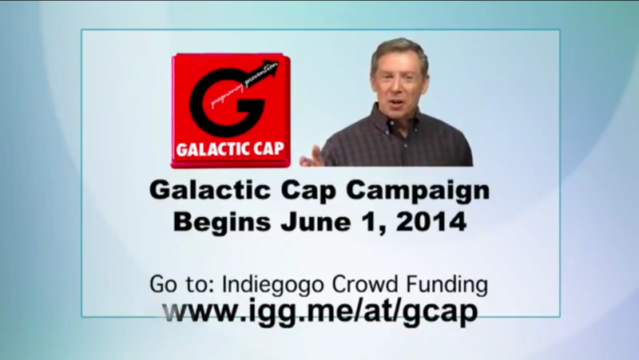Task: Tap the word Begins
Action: [x=219, y=221]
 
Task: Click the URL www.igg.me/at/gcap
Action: [x=319, y=310]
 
